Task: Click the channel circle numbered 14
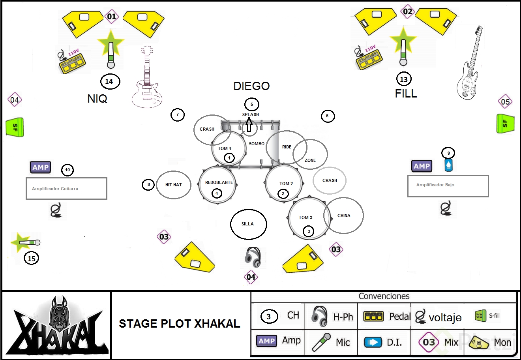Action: (x=109, y=82)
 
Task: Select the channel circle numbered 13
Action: (x=403, y=79)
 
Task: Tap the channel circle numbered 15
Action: (x=32, y=259)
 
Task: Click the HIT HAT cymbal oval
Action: (x=174, y=185)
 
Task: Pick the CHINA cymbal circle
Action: (x=343, y=216)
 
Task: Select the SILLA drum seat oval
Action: (x=248, y=224)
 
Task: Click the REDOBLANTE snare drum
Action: (x=217, y=185)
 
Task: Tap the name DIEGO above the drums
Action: (x=251, y=86)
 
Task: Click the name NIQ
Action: (x=97, y=99)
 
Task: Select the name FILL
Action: (x=406, y=94)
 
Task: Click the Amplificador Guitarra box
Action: (x=66, y=189)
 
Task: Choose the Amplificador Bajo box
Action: (x=448, y=186)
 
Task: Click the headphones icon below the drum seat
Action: (x=253, y=257)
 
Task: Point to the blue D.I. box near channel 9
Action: (x=448, y=165)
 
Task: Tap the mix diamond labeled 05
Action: (x=505, y=102)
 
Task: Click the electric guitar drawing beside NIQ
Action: (x=146, y=79)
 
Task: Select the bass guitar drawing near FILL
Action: (x=470, y=65)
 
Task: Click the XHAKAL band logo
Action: (x=56, y=326)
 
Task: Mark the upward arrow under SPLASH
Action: (x=249, y=125)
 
